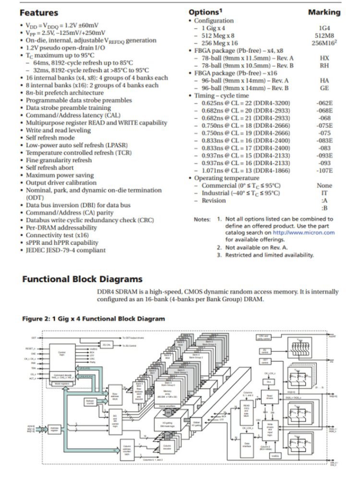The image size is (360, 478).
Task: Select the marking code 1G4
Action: pyautogui.click(x=324, y=28)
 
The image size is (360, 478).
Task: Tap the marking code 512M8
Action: pyautogui.click(x=324, y=36)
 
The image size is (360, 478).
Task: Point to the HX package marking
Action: pyautogui.click(x=324, y=58)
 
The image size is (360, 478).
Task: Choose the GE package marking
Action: pyautogui.click(x=324, y=88)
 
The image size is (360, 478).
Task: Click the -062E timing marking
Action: pyautogui.click(x=324, y=103)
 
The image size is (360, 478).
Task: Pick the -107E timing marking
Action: pyautogui.click(x=324, y=170)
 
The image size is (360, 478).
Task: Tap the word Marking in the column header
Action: pyautogui.click(x=324, y=12)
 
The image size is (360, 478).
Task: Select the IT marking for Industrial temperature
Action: pyautogui.click(x=324, y=193)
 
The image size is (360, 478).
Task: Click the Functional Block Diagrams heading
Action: pyautogui.click(x=82, y=279)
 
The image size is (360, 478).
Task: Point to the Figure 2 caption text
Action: pyautogui.click(x=94, y=319)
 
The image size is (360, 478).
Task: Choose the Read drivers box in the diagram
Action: pyautogui.click(x=270, y=397)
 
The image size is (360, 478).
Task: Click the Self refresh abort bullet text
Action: pyautogui.click(x=50, y=168)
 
